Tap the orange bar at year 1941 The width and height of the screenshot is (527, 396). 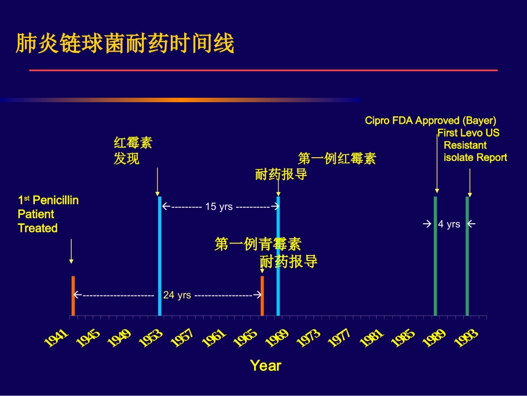(x=73, y=295)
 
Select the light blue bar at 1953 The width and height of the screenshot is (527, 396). (x=159, y=255)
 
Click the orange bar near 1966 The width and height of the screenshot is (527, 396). (x=262, y=295)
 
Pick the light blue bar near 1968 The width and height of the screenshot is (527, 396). (x=278, y=255)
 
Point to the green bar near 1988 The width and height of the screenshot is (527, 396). (x=435, y=255)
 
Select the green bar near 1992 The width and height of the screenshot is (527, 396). (x=467, y=255)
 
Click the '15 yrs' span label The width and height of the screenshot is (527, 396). (x=219, y=207)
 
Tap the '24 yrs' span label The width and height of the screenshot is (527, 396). (x=177, y=295)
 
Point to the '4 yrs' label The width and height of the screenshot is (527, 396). (x=449, y=224)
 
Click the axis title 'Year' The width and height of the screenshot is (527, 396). (x=265, y=365)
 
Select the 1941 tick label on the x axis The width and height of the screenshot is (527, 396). (x=56, y=337)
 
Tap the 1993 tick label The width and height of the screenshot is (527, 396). (x=466, y=337)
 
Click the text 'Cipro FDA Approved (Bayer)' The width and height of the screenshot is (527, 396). (x=430, y=121)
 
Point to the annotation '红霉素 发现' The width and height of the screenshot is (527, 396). (x=133, y=151)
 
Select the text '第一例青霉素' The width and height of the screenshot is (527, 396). (x=258, y=244)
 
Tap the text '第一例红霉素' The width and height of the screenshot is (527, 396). (x=337, y=158)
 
